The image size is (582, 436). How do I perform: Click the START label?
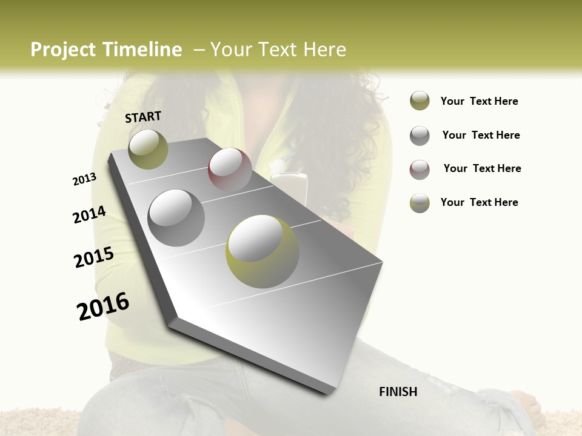click(x=143, y=117)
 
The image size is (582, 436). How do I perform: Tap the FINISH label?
click(x=398, y=392)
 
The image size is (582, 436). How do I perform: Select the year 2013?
click(x=84, y=179)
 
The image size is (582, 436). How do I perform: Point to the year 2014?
click(x=89, y=214)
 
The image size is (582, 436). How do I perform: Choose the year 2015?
click(x=94, y=257)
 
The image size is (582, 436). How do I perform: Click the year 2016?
click(x=103, y=306)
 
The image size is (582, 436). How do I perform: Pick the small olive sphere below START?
click(x=148, y=149)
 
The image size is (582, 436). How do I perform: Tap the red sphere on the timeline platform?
click(x=230, y=170)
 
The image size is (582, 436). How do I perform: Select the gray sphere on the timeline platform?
click(x=176, y=217)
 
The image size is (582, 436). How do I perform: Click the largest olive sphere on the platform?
click(x=262, y=251)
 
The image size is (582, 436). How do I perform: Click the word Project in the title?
click(x=62, y=50)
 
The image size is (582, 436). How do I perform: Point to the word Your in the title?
click(x=231, y=50)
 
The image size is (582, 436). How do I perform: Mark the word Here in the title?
click(x=324, y=50)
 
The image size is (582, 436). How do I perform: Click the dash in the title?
click(x=199, y=50)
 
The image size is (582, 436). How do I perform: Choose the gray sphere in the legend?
click(x=420, y=136)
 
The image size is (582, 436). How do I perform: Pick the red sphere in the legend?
click(x=420, y=170)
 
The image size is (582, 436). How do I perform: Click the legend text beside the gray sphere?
click(x=481, y=135)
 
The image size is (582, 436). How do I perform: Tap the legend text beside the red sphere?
click(x=482, y=168)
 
